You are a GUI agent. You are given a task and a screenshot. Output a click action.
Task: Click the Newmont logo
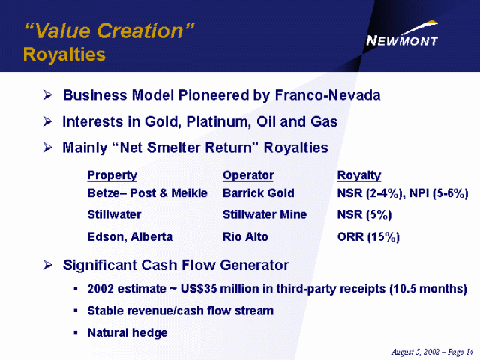[x=402, y=34]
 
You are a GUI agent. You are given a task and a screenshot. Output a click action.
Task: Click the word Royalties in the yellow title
[x=64, y=55]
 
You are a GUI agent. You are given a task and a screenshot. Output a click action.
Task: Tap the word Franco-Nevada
[x=328, y=95]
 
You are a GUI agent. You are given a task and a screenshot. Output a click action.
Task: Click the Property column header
[x=112, y=175]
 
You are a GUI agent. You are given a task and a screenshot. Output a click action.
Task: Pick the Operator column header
[x=248, y=175]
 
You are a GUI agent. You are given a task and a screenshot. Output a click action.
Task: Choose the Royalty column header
[x=359, y=175]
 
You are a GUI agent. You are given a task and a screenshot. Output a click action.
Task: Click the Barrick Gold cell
[x=258, y=193]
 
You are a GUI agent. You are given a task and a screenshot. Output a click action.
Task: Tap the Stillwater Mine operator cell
[x=265, y=214]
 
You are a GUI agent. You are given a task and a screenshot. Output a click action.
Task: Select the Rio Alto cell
[x=245, y=237]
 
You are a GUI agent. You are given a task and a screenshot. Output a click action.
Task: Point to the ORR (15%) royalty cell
[x=368, y=237]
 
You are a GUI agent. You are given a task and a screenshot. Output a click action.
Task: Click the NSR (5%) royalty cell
[x=364, y=214]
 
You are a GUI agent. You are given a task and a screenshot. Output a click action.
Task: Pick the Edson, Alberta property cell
[x=130, y=237]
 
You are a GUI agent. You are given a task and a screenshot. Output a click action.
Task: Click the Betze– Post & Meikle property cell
[x=147, y=193]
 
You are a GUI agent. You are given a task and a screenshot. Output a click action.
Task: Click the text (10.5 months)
[x=428, y=289]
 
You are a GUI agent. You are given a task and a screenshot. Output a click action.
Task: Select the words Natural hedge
[x=127, y=332]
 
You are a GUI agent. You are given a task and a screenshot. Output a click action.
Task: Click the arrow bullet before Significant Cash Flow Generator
[x=48, y=265]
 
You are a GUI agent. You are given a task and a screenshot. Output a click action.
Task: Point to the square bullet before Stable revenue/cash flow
[x=76, y=310]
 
